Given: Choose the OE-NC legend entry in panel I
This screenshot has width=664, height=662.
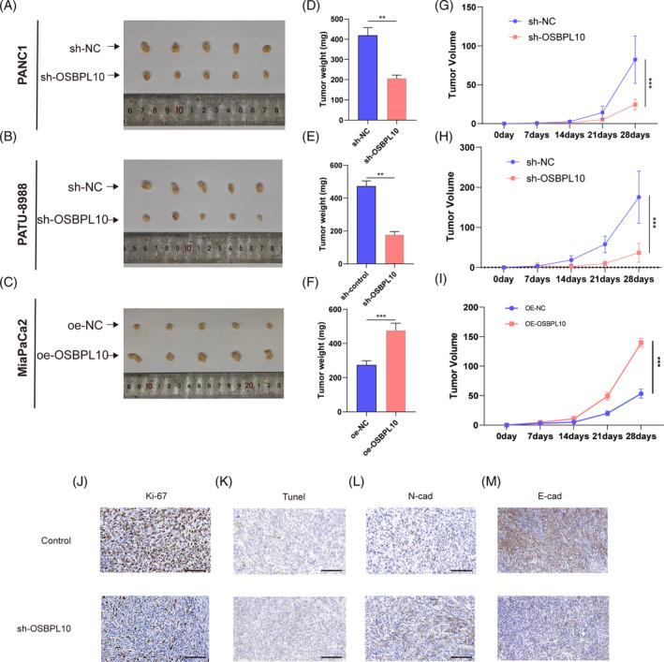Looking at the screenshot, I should (534, 307).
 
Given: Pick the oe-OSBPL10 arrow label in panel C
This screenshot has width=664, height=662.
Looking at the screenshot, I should (66, 356).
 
